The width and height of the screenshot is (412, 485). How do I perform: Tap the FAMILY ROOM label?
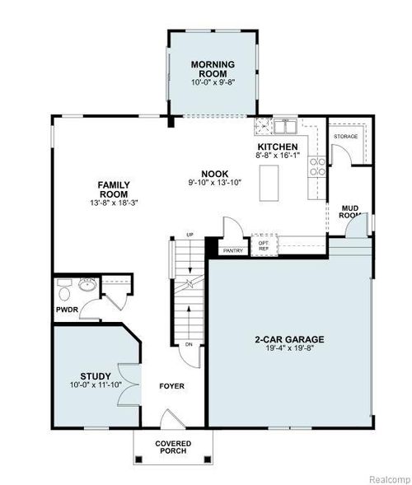point(115,189)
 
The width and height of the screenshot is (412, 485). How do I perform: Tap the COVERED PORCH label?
point(173,447)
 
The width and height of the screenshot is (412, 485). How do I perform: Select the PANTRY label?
point(232,249)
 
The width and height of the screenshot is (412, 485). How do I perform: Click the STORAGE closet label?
point(344,135)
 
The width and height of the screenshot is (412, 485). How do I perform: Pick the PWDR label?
point(67,310)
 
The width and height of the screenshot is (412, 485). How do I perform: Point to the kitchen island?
point(269,183)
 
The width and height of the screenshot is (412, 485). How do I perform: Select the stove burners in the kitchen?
point(316,168)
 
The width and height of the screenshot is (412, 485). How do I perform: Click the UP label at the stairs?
point(190,236)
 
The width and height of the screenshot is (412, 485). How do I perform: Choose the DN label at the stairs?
point(189,343)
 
